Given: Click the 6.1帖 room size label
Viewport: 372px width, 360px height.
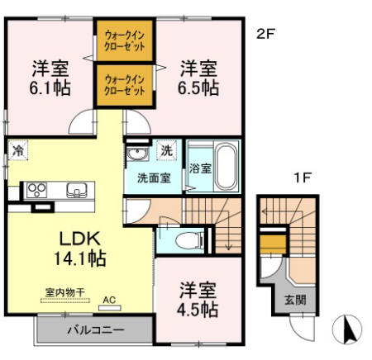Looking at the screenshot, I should point(50,86).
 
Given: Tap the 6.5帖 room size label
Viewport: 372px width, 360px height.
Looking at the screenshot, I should point(199,86).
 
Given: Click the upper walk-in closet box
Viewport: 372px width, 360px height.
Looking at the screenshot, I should point(126,41).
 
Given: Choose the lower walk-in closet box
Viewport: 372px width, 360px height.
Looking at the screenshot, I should point(126,85).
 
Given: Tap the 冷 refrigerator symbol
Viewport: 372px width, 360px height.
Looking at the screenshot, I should point(18,151).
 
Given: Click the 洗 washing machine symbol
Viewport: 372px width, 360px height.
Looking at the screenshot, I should point(167,150).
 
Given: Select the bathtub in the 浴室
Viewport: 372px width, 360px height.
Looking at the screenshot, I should point(224,167).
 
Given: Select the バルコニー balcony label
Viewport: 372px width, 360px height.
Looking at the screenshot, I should point(95,331).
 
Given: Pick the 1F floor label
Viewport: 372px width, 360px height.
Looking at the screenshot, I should point(303,176).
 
